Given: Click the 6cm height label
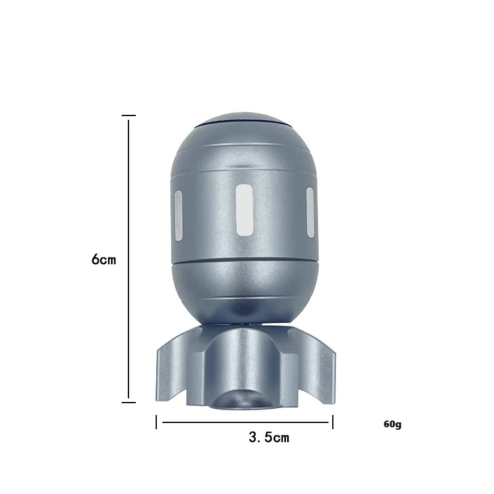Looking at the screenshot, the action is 104,260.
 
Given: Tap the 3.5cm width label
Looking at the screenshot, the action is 269,437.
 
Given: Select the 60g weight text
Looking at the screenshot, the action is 393,424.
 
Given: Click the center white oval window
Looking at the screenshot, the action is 245,210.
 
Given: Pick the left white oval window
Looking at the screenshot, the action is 178,216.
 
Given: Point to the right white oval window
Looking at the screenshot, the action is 311,212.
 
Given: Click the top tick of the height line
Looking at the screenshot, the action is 128,115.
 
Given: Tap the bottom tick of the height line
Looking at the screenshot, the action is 128,403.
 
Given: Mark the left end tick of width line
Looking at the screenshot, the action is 156,422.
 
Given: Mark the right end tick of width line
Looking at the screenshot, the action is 333,422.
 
